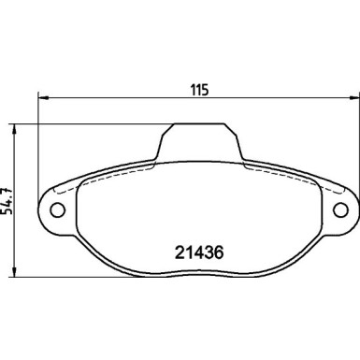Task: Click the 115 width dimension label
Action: click(199, 90)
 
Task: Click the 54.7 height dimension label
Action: click(7, 201)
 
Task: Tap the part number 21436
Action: click(199, 252)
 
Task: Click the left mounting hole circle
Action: click(58, 209)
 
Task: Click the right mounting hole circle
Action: click(340, 209)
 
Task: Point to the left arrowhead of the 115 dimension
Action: click(43, 98)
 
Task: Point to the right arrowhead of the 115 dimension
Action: click(353, 98)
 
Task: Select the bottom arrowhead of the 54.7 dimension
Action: click(14, 271)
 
